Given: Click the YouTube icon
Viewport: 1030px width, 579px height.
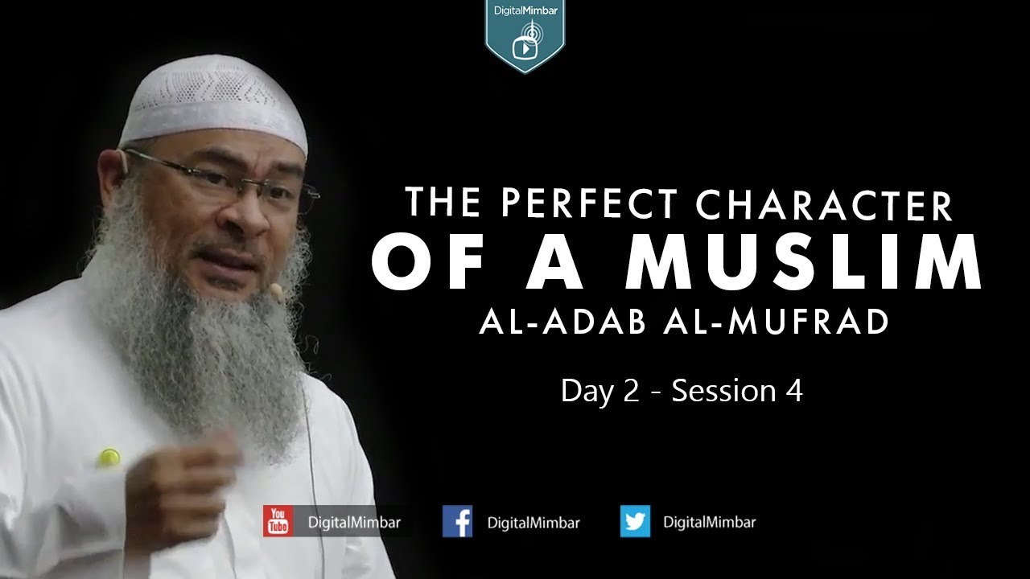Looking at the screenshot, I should click(x=278, y=522).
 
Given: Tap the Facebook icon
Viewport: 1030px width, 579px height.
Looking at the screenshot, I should click(x=457, y=522).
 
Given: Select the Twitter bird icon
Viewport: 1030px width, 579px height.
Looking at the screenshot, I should click(x=635, y=522).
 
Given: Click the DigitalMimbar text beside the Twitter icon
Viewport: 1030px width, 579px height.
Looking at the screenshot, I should click(x=709, y=522).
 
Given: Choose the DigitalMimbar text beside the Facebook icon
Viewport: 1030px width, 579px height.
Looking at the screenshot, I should click(x=534, y=522).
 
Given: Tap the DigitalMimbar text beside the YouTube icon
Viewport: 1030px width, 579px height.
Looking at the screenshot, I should click(x=355, y=522).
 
